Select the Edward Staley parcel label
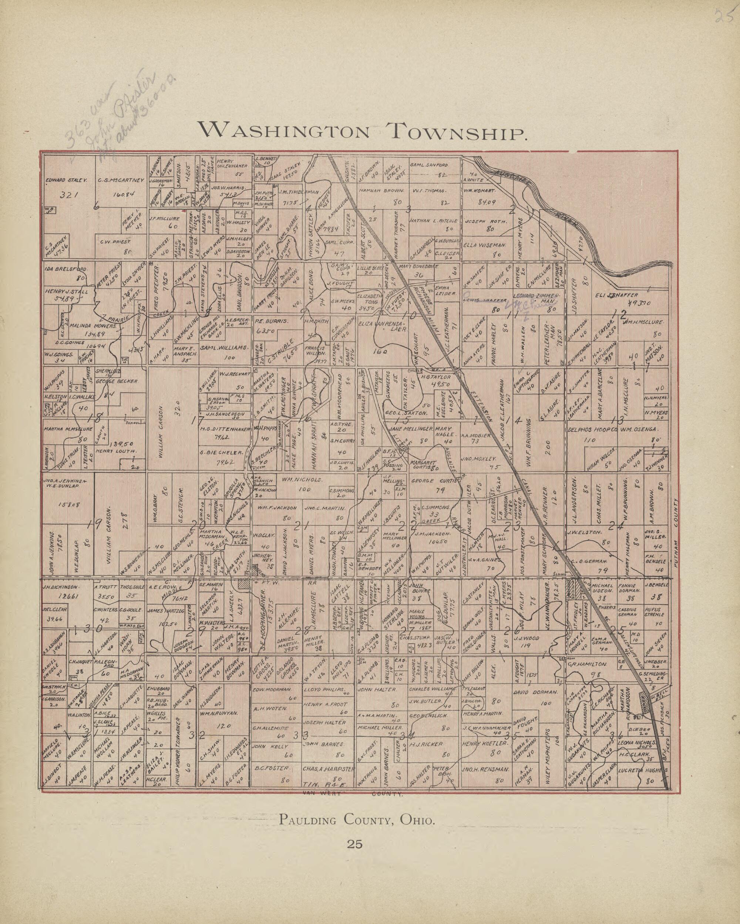pyautogui.click(x=67, y=180)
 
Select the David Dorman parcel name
pyautogui.click(x=535, y=692)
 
